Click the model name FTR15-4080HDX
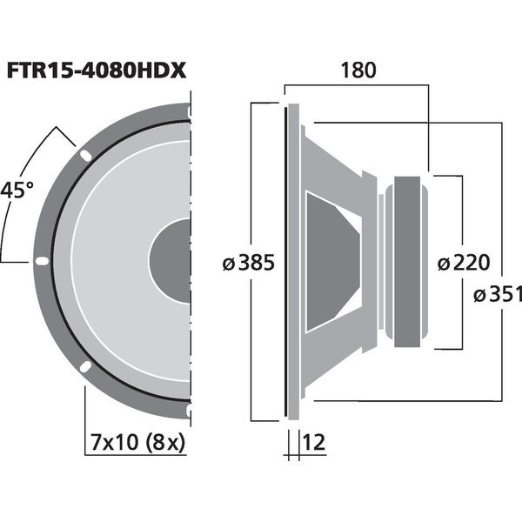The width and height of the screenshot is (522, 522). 97,70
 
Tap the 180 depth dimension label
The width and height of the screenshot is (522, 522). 358,70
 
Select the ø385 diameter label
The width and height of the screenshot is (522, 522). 248,263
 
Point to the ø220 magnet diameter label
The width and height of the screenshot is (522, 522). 464,263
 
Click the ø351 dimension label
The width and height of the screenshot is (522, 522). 498,294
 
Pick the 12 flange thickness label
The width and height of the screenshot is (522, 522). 313,442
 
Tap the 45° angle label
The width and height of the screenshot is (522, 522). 17,191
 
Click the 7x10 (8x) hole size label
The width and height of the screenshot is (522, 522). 137,443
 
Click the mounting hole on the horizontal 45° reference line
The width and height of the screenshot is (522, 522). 42,261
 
